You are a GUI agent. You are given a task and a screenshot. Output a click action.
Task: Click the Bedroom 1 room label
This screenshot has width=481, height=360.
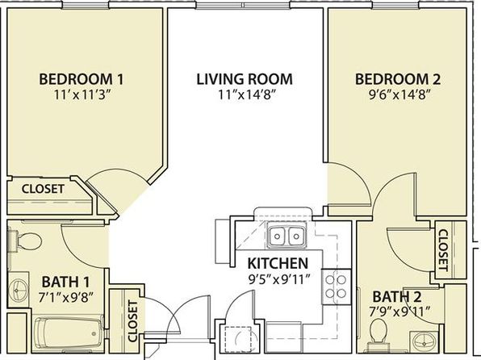[82, 79]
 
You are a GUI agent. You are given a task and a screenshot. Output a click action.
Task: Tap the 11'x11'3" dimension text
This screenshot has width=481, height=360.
[82, 94]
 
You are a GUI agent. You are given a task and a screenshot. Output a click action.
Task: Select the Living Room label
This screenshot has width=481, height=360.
[245, 79]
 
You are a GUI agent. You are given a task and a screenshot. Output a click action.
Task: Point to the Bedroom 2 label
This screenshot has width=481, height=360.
[398, 79]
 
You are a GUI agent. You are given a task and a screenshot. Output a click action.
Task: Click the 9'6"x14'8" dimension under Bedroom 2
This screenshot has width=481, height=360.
[398, 94]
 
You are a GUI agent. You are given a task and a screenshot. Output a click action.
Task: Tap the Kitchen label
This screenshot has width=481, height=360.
[278, 263]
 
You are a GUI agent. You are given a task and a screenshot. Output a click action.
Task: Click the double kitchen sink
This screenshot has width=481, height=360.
[287, 236]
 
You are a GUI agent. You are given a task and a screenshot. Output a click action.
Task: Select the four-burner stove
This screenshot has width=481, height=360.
[337, 287]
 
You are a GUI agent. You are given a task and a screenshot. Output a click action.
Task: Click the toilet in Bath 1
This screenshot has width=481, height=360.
[25, 241]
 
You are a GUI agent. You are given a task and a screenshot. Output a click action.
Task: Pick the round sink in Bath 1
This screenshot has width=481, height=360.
[18, 288]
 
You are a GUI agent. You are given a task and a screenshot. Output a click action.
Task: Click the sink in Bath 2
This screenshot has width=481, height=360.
[425, 341]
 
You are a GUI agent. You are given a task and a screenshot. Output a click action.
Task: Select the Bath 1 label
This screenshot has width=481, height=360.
[65, 282]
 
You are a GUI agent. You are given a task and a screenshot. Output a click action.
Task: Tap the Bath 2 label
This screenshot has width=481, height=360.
[396, 296]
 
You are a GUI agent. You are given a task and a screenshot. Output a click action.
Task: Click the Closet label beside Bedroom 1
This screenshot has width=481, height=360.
[43, 189]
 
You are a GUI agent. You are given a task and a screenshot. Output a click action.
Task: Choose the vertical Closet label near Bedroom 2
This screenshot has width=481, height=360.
[443, 250]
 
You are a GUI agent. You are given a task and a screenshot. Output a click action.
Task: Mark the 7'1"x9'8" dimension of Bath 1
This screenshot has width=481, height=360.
[65, 297]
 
